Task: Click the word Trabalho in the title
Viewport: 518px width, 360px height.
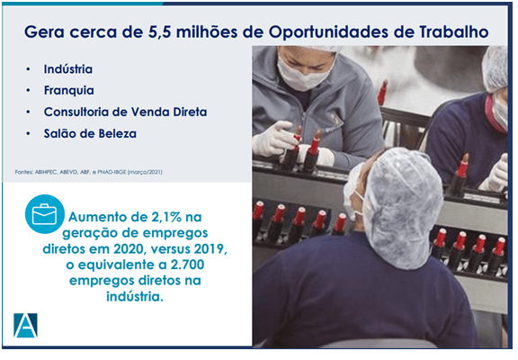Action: pos(454,31)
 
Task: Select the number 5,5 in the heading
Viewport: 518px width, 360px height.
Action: pos(159,32)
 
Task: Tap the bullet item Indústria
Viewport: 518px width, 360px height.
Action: pos(68,69)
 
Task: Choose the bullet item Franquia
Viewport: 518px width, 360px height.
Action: pos(68,90)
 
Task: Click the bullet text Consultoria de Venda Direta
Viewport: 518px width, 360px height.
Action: pos(125,112)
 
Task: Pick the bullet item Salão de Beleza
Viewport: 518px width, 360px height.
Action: pos(90,133)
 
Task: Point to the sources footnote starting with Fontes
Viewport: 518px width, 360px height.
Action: pos(88,172)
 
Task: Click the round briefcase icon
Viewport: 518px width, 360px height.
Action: pos(44,214)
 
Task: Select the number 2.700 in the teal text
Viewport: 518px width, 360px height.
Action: pos(187,265)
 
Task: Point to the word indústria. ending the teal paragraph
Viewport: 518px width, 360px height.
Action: pos(135,296)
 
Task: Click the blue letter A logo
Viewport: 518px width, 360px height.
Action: pos(25,325)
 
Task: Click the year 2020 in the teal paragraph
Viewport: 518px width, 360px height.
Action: pos(129,249)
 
